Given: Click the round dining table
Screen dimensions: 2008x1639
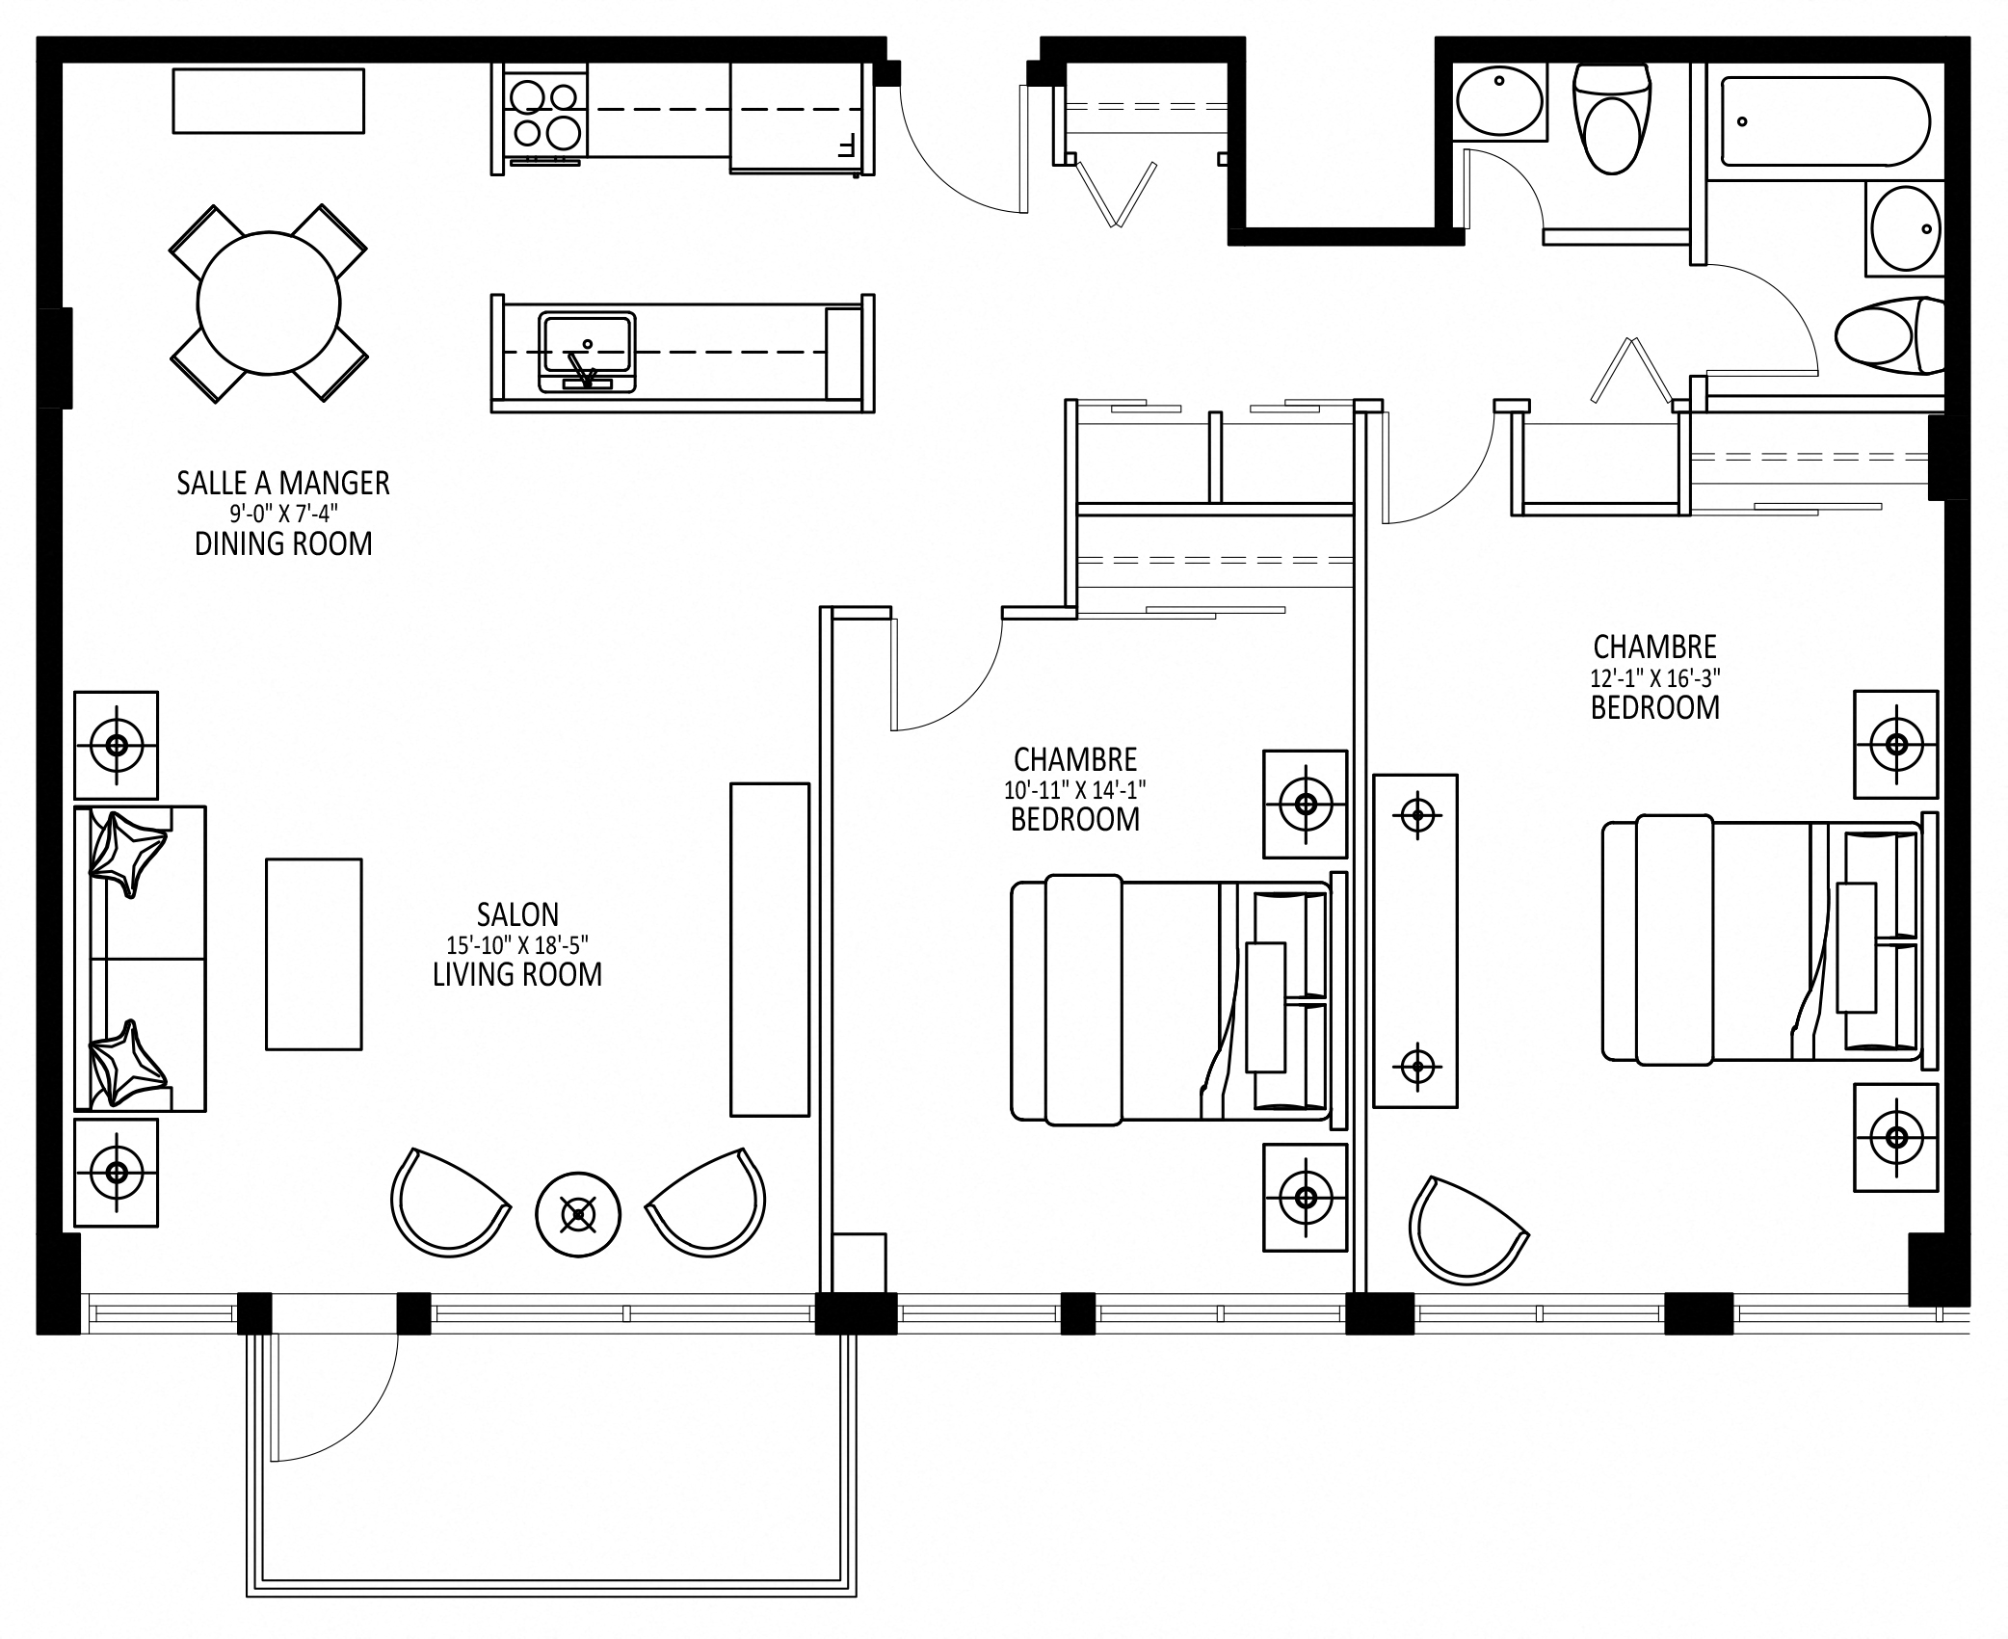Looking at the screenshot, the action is [x=269, y=304].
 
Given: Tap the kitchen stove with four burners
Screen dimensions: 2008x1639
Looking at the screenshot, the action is [x=546, y=115].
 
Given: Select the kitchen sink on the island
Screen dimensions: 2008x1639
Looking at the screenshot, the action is [x=587, y=352].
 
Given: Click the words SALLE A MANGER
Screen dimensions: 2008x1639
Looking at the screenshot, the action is [x=283, y=483].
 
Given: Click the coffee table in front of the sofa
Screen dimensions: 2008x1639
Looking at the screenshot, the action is [x=314, y=954].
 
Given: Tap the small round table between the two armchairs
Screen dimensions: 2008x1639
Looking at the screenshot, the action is [x=578, y=1214].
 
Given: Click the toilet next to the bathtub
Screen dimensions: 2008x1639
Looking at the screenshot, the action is [x=1612, y=118].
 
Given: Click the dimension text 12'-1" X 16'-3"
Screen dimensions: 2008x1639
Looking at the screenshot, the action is [x=1655, y=677].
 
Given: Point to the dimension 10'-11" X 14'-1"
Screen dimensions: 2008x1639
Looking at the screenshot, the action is [x=1075, y=790].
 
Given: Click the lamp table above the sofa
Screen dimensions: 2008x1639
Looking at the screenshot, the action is [x=117, y=745].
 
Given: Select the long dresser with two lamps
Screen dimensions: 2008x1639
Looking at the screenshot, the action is [x=1415, y=940].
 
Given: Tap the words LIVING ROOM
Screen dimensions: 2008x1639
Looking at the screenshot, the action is [x=517, y=974].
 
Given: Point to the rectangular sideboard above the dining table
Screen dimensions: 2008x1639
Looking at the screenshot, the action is [x=269, y=100].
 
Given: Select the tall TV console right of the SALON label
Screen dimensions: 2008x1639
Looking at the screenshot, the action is [x=770, y=949].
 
